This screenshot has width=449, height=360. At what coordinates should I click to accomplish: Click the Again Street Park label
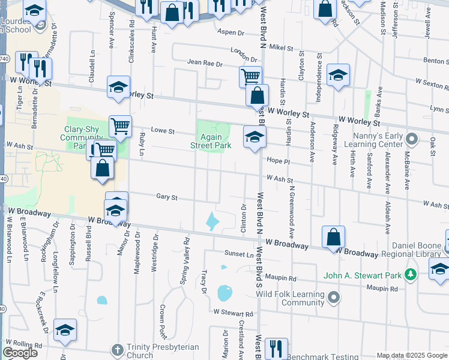(211, 141)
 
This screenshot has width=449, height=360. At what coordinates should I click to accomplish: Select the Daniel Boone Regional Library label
(416, 250)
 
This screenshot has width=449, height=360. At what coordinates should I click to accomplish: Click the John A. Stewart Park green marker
(411, 274)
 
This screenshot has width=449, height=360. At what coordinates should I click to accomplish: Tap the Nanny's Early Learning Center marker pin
(411, 140)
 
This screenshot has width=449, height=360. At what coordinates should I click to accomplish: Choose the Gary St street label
(167, 197)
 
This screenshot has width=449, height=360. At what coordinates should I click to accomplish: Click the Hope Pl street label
(278, 161)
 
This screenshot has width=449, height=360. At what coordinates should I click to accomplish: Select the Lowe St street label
(162, 131)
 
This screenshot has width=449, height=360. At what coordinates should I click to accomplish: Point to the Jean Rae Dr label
(205, 62)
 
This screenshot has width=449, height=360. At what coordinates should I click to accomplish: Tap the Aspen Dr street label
(231, 32)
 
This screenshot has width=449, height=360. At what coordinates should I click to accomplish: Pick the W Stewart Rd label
(234, 313)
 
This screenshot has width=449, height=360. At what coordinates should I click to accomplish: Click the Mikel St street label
(281, 47)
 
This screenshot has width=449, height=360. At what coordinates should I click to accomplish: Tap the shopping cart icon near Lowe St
(121, 126)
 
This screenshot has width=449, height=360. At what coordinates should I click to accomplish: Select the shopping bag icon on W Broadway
(333, 236)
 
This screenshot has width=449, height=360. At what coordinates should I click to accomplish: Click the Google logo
(20, 353)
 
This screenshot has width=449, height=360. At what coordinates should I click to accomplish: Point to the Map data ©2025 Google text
(411, 355)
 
